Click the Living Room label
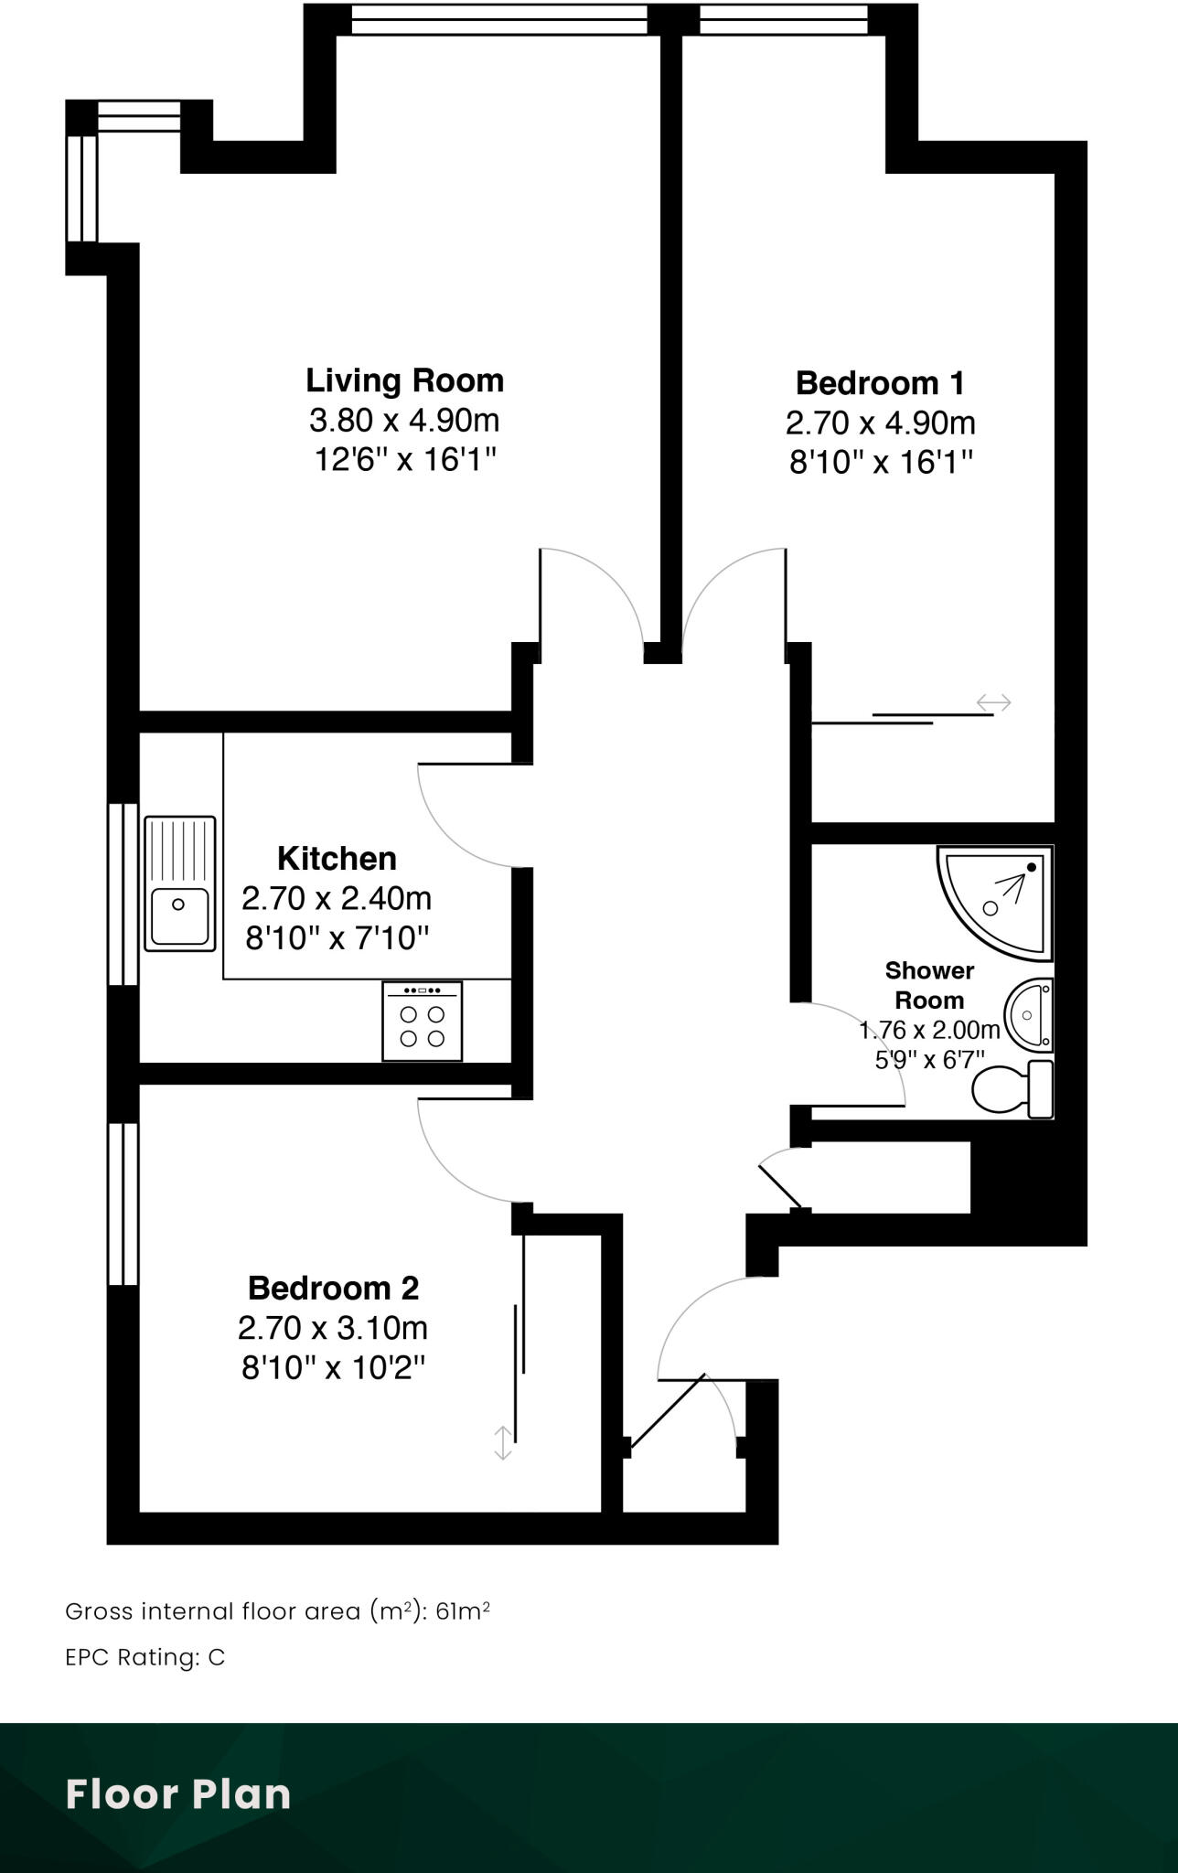point(404,380)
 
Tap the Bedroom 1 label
point(880,383)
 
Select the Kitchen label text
point(337,859)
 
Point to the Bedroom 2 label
point(333,1288)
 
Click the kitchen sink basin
point(179,915)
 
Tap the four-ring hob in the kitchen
point(422,1022)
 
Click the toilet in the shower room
point(1011,1090)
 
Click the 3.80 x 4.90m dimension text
point(404,421)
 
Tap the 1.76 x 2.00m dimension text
point(929,1031)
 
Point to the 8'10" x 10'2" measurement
point(333,1368)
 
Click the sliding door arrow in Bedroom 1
point(993,702)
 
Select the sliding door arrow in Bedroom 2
point(502,1442)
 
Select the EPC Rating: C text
point(145,1658)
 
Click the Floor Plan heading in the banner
point(178,1794)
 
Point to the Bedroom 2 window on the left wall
point(123,1204)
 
